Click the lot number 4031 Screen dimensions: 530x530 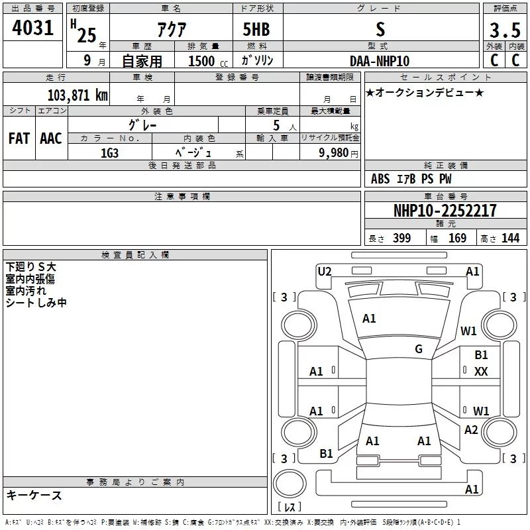pyautogui.click(x=32, y=28)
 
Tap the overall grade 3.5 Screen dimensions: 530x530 pyautogui.click(x=505, y=30)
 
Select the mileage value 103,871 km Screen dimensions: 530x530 pyautogui.click(x=78, y=95)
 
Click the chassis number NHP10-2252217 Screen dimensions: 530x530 pyautogui.click(x=445, y=211)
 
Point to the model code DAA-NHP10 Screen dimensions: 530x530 pyautogui.click(x=380, y=61)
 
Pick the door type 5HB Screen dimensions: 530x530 pyautogui.click(x=256, y=29)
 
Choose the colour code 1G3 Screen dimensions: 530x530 pyautogui.click(x=109, y=153)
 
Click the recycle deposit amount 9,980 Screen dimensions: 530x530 pyautogui.click(x=334, y=153)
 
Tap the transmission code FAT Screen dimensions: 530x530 pyautogui.click(x=19, y=138)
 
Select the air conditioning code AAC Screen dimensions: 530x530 pyautogui.click(x=51, y=138)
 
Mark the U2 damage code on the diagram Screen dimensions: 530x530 pyautogui.click(x=325, y=272)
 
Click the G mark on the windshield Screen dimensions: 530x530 pyautogui.click(x=419, y=348)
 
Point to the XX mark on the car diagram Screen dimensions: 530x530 pyautogui.click(x=481, y=372)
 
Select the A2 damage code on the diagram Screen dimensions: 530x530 pyautogui.click(x=471, y=429)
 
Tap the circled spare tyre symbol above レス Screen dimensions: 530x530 pyautogui.click(x=290, y=483)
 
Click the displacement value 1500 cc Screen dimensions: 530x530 pyautogui.click(x=208, y=61)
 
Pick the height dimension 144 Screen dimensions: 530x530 pyautogui.click(x=510, y=238)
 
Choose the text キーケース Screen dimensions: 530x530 pyautogui.click(x=34, y=495)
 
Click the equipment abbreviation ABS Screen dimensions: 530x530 pyautogui.click(x=380, y=179)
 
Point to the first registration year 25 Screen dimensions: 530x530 pyautogui.click(x=87, y=35)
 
